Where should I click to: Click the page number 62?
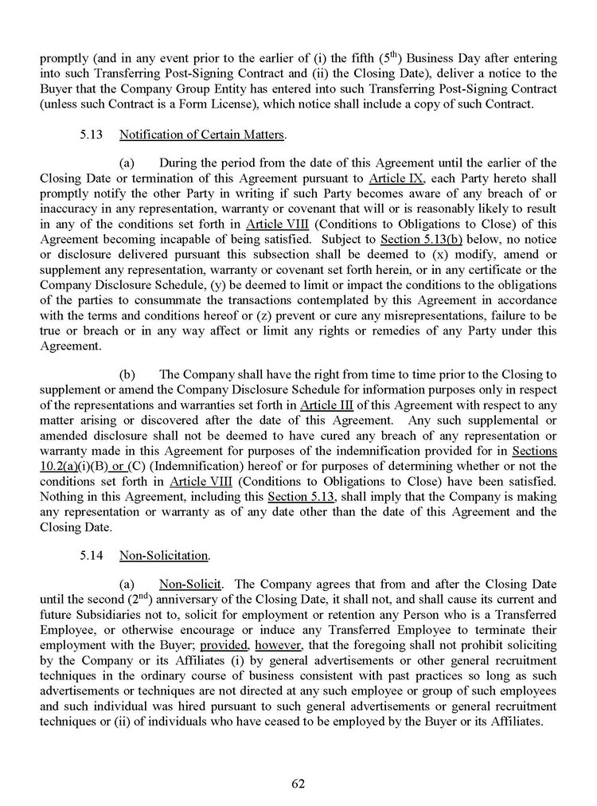click(x=298, y=783)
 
